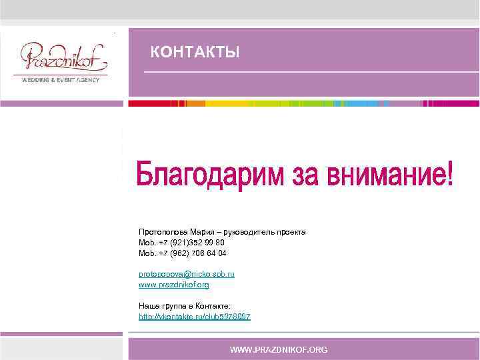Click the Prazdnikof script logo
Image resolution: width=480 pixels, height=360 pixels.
coord(63,59)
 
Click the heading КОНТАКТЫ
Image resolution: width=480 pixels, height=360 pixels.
coord(195,52)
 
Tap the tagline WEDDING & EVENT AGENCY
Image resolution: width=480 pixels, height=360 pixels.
coord(61,80)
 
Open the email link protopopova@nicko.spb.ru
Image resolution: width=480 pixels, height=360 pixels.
coord(186,274)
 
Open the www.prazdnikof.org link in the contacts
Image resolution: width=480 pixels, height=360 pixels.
coord(173,285)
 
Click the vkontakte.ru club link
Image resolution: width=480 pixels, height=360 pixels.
coord(194,317)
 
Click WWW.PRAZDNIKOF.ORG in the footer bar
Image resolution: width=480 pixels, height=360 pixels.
coord(279,349)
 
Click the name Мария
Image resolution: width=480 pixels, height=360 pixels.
coord(200,232)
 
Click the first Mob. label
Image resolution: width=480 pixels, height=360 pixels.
coord(147,243)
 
